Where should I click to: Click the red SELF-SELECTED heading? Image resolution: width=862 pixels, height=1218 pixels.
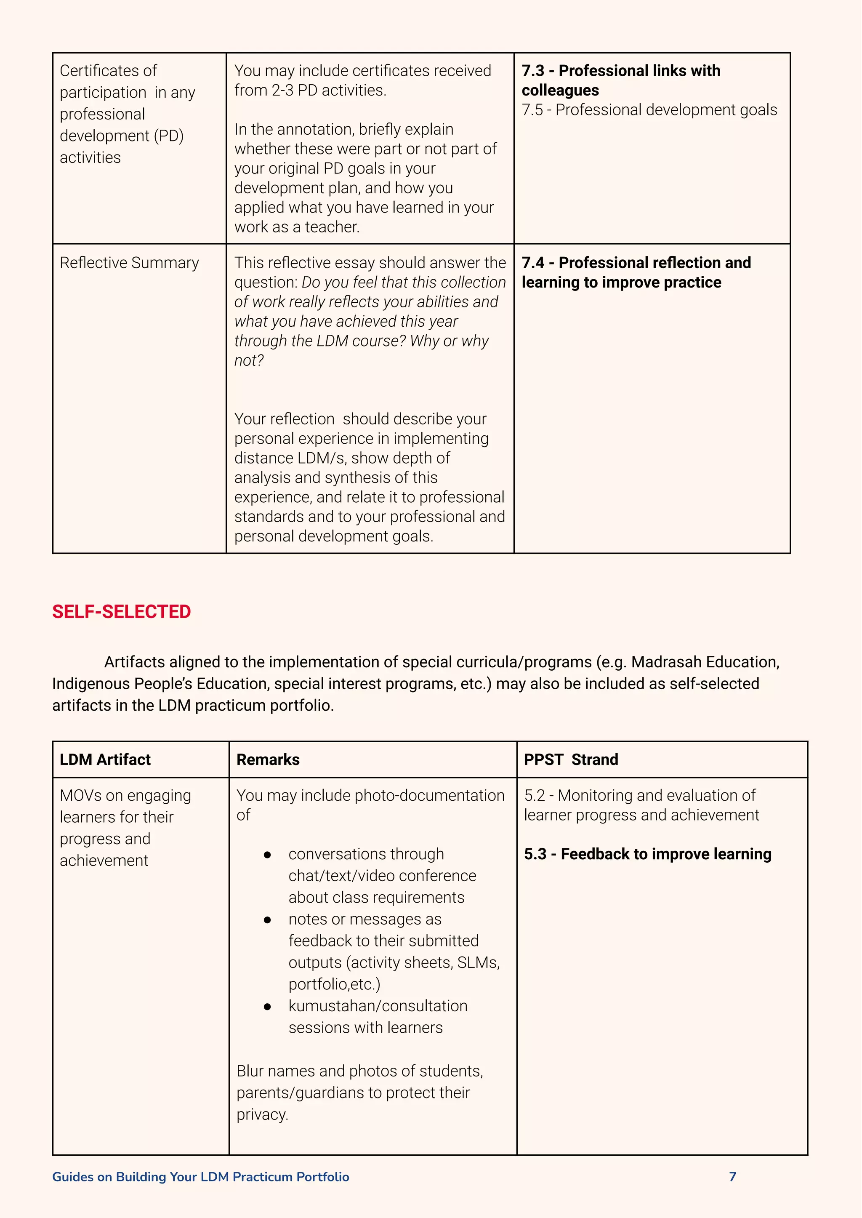tap(121, 612)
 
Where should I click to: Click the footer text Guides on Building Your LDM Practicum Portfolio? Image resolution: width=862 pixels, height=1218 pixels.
tap(201, 1177)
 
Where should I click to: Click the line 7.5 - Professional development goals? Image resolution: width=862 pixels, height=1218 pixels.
tap(649, 110)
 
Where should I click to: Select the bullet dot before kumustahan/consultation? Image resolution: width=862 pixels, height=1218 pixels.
tap(268, 1006)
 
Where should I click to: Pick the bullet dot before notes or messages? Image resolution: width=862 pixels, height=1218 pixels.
tap(268, 919)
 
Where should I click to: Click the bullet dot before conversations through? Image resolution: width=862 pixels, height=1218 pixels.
tap(268, 854)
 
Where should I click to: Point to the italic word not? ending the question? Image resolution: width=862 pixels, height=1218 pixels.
tap(248, 360)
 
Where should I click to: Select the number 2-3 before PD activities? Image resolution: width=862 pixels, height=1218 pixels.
tap(282, 90)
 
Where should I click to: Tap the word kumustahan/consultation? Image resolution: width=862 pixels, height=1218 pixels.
tap(378, 1006)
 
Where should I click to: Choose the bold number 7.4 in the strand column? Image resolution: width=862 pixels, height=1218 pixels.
tap(532, 263)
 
